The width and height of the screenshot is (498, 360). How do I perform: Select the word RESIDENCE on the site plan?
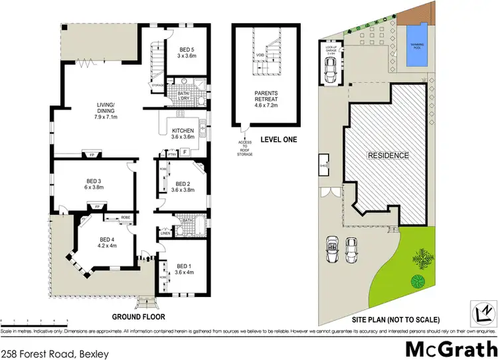pyautogui.click(x=388, y=155)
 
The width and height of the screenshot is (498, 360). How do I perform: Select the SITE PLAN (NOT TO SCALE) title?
pyautogui.click(x=383, y=317)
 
